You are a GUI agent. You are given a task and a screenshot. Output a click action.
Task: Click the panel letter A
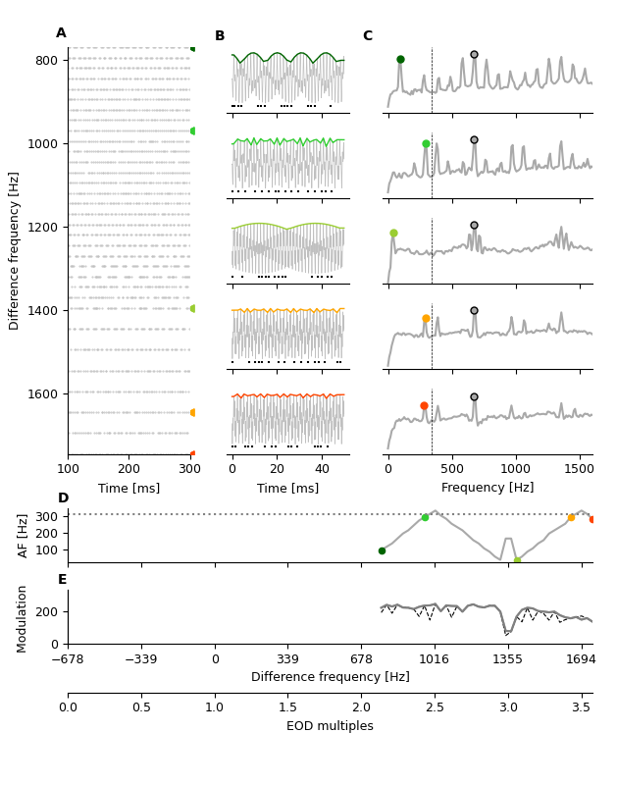[x=61, y=33]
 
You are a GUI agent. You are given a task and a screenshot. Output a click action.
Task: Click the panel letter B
[x=220, y=36]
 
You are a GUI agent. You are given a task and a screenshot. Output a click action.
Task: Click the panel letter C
[x=368, y=36]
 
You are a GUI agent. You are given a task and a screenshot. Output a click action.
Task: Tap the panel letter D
[x=63, y=498]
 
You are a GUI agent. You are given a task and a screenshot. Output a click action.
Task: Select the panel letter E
[x=62, y=580]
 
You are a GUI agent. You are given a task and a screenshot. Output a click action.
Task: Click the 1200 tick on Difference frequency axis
[x=46, y=227]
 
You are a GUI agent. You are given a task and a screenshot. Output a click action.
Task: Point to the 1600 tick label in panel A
[x=46, y=393]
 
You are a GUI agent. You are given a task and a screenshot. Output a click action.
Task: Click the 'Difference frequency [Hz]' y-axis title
[x=15, y=250]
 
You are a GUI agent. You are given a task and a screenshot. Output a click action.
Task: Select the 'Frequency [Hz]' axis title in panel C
[x=488, y=488]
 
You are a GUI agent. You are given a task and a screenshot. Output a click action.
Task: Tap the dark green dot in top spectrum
[x=400, y=60]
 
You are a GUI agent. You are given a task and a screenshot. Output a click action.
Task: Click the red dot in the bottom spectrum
[x=424, y=406]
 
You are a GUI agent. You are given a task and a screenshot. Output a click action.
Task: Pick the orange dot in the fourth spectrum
[x=426, y=319]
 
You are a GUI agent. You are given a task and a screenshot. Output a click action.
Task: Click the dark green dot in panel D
[x=382, y=550]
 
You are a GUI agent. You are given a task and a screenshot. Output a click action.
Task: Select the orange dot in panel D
[x=571, y=517]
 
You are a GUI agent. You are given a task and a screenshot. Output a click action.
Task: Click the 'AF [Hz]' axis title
[x=25, y=536]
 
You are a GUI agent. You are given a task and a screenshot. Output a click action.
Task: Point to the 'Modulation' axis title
[x=23, y=616]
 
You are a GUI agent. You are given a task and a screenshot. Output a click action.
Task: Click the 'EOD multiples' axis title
[x=330, y=726]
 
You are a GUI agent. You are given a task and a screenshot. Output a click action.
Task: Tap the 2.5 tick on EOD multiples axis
[x=435, y=706]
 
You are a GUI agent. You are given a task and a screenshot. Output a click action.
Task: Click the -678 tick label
[x=68, y=659]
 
